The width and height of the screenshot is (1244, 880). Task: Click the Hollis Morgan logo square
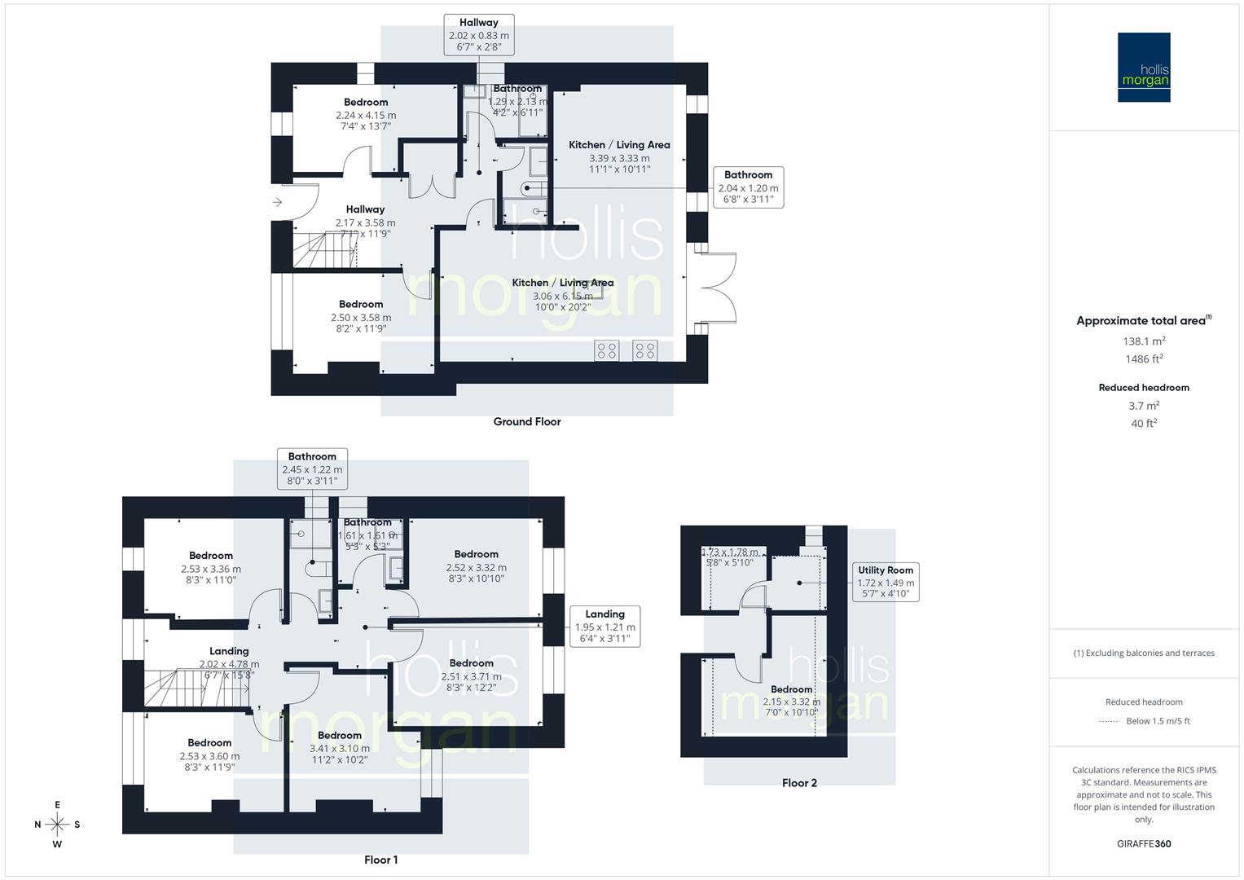click(x=1143, y=67)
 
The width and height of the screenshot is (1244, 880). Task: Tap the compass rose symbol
click(x=57, y=824)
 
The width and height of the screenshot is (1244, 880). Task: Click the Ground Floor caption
click(x=527, y=421)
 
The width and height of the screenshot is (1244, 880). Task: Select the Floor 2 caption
click(x=799, y=783)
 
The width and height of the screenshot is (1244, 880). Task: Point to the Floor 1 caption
click(x=380, y=860)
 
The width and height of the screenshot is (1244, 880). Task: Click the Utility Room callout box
click(x=885, y=582)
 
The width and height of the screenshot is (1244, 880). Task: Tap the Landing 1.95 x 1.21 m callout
click(x=604, y=626)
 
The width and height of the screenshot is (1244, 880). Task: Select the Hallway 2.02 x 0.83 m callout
click(x=478, y=34)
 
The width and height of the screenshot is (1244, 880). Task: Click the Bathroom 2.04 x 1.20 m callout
click(x=748, y=187)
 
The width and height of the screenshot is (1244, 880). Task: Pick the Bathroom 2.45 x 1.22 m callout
click(x=312, y=469)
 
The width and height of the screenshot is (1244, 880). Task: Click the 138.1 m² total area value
click(x=1144, y=341)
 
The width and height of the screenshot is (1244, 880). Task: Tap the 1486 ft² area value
click(x=1144, y=359)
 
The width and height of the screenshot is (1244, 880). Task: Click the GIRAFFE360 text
click(x=1145, y=844)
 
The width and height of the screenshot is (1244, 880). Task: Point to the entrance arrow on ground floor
click(x=277, y=202)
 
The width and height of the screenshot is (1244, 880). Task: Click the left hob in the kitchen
click(x=607, y=350)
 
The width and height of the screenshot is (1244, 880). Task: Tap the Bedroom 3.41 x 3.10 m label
click(x=339, y=747)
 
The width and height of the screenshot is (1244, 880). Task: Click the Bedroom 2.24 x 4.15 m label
click(x=366, y=114)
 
